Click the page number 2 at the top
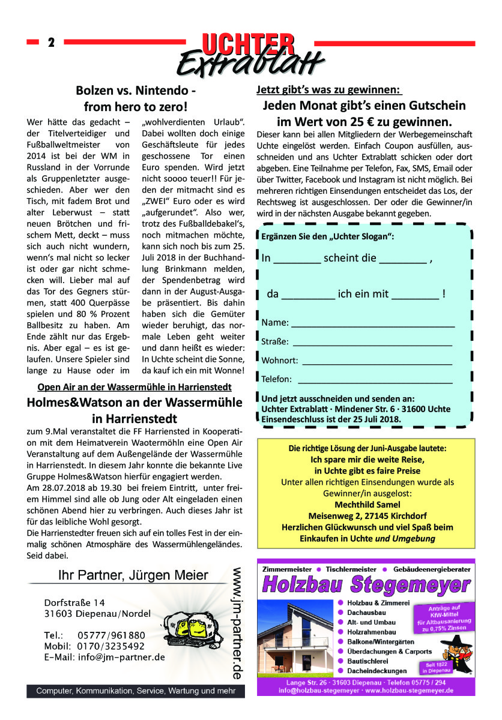pos(51,43)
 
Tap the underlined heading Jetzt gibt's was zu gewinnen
pos(328,90)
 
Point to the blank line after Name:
pos(372,324)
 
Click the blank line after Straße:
pos(372,343)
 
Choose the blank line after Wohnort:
pos(376,362)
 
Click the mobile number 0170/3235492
pos(111,646)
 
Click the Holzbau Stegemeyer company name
pos(367,584)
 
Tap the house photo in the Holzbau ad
pos(297,637)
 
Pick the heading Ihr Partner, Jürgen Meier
pos(133,576)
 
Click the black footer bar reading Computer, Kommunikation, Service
pos(136,691)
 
